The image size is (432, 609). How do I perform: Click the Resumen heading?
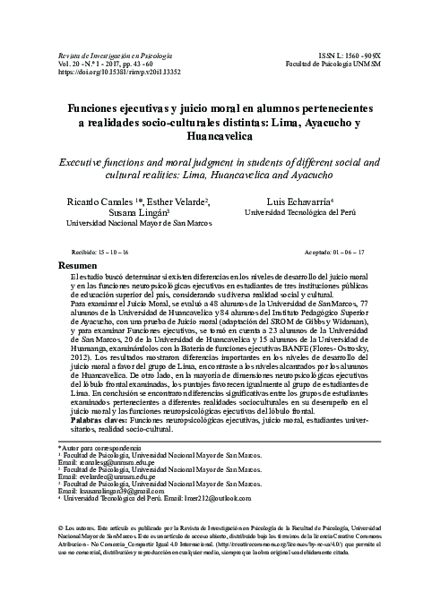pos(76,267)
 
